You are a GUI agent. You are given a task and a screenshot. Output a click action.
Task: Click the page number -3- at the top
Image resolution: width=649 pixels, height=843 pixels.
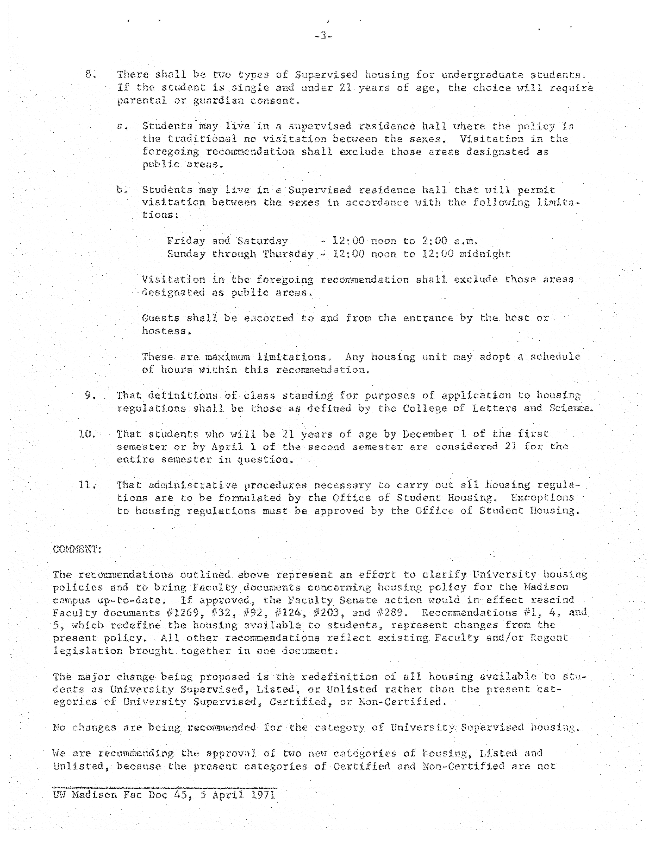[x=324, y=36]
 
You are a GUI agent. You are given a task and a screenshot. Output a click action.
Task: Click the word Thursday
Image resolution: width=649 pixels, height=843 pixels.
[x=288, y=254]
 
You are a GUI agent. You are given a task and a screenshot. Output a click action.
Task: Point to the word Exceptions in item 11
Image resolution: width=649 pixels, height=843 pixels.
[x=542, y=498]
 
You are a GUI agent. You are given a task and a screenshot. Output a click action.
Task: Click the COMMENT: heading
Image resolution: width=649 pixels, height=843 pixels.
[x=77, y=549]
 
